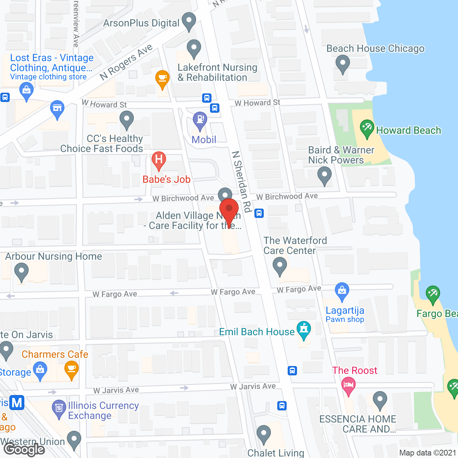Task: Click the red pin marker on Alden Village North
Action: (x=229, y=210)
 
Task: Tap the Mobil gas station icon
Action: (x=200, y=120)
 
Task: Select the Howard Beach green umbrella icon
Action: (x=367, y=128)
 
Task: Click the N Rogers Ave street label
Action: (x=126, y=62)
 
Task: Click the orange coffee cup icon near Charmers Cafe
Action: (x=72, y=369)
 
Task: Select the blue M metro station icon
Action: (x=16, y=403)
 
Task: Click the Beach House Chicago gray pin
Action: (x=342, y=63)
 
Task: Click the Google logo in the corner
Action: (x=24, y=449)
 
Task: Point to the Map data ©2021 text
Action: (x=428, y=453)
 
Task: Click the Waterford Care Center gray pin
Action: (x=279, y=266)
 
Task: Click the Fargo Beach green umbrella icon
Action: (x=433, y=294)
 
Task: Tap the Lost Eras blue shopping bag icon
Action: (x=26, y=90)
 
